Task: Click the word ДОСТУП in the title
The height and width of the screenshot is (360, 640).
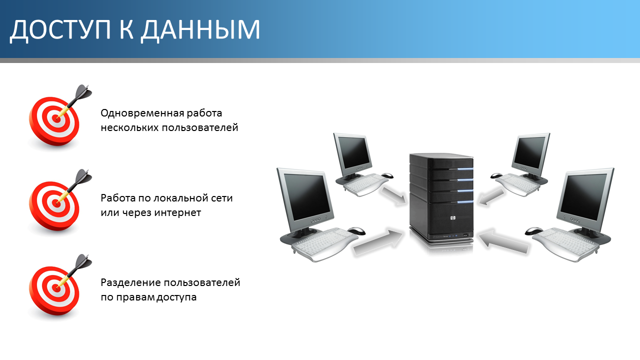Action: [x=60, y=29]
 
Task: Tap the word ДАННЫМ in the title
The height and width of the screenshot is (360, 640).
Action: [x=200, y=29]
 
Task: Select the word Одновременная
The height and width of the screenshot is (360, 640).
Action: [x=142, y=113]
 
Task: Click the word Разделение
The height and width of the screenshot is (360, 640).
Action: [x=131, y=283]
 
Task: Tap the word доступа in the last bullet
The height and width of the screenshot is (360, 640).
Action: [x=176, y=297]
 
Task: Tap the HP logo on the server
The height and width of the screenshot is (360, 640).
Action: [x=452, y=218]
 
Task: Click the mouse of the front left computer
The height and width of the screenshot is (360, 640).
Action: [x=356, y=230]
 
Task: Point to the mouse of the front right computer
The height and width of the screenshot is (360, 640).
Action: [x=533, y=231]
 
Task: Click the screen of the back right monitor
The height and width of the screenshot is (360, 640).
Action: [x=529, y=152]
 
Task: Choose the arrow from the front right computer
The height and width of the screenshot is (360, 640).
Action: [x=503, y=241]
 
